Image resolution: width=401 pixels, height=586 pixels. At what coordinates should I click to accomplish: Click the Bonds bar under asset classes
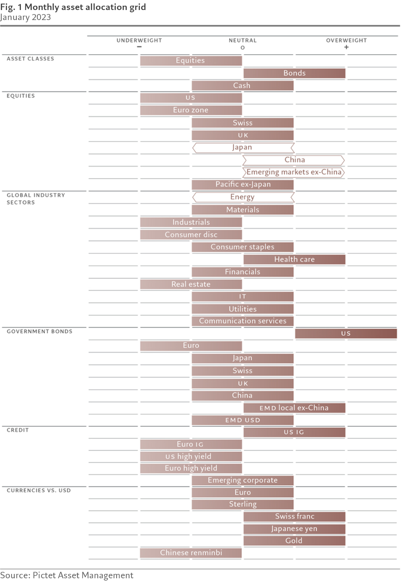294,73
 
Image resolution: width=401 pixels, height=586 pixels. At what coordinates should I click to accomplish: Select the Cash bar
243,86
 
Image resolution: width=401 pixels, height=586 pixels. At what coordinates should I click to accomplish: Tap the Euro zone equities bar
191,110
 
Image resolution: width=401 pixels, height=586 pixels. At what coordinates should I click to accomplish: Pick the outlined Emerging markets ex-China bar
294,172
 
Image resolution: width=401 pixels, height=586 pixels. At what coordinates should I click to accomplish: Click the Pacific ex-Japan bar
243,185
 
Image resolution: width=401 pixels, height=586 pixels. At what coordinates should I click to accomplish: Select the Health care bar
294,260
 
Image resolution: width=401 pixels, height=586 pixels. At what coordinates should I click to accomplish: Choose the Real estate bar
191,284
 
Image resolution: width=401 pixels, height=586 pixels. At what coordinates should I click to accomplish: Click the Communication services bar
243,321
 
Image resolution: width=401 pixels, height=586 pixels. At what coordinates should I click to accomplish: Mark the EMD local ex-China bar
294,408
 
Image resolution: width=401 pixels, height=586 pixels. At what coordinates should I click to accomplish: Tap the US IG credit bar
294,432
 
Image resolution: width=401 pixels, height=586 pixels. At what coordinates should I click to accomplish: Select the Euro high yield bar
191,468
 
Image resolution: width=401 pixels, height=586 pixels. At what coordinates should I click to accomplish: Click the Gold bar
294,541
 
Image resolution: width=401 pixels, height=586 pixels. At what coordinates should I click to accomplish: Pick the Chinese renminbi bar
191,553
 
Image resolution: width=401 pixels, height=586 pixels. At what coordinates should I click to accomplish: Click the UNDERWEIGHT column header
139,40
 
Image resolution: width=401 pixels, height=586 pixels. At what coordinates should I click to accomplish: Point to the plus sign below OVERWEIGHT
346,47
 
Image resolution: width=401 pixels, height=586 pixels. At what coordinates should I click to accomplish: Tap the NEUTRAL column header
243,40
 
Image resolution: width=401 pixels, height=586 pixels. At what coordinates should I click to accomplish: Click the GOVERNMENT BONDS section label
40,332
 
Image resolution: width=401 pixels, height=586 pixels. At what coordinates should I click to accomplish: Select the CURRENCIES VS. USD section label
39,490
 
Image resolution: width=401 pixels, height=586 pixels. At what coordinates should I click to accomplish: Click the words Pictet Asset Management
83,575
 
